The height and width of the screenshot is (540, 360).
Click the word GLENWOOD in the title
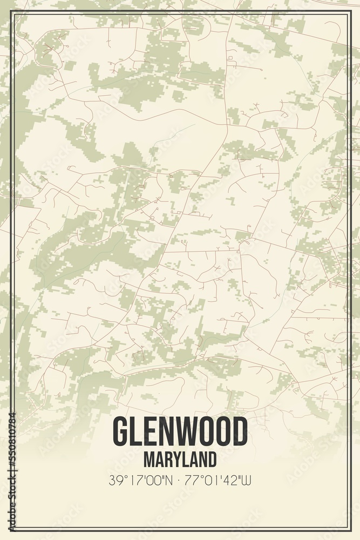pos(180,432)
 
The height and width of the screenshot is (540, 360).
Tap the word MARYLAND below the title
pos(180,460)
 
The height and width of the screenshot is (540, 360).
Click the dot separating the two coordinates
pos(180,480)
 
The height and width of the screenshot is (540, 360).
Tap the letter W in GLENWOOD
pos(184,432)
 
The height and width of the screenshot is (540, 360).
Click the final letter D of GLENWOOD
pos(240,432)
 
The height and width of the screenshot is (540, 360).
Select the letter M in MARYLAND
pos(148,460)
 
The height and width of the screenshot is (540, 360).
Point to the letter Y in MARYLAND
pos(176,460)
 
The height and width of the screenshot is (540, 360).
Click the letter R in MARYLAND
pos(167,460)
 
